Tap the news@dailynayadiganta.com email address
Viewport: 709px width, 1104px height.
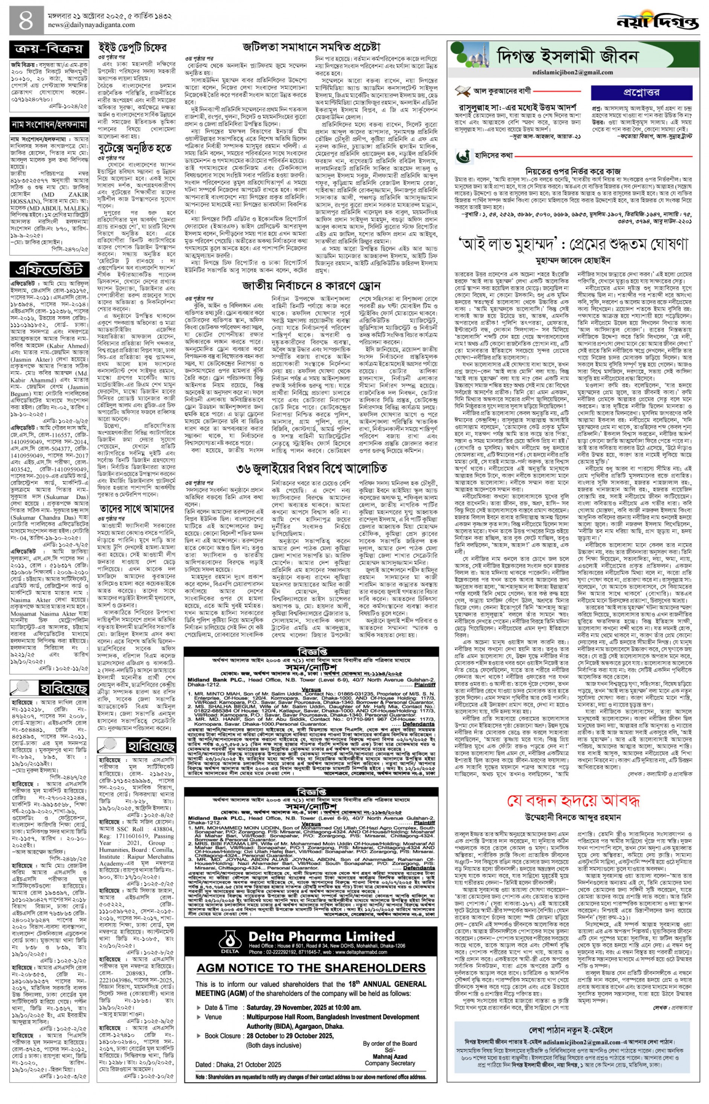[x=85, y=25]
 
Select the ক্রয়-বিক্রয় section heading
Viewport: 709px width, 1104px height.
[x=49, y=49]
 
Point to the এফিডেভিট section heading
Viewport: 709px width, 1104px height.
[x=49, y=269]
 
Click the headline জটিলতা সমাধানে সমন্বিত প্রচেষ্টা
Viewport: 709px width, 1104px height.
[x=312, y=47]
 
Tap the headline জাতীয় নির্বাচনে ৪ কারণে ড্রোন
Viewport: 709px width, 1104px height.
[x=312, y=285]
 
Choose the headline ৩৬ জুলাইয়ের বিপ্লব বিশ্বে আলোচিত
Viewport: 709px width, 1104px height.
[x=312, y=468]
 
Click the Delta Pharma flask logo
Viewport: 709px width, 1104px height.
[x=229, y=929]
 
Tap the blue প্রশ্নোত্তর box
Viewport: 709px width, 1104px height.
[x=641, y=92]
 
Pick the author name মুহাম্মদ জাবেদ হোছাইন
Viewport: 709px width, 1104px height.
[x=573, y=260]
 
